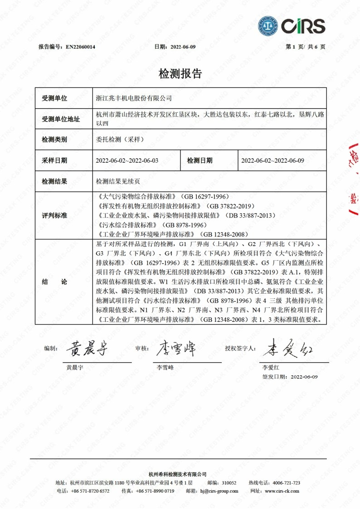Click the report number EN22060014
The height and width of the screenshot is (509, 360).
click(81, 47)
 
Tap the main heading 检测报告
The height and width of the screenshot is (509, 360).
click(180, 74)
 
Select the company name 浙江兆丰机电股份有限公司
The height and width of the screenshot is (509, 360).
click(134, 98)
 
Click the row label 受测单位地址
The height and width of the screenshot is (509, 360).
click(61, 119)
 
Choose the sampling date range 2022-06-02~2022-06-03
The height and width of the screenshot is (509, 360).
click(127, 160)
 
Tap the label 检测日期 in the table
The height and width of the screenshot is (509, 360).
click(199, 160)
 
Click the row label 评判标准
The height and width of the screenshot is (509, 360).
click(54, 215)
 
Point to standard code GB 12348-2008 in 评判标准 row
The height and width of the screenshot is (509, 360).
click(225, 234)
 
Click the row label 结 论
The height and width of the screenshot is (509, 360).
click(54, 281)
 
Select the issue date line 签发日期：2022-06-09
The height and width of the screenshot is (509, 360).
click(290, 377)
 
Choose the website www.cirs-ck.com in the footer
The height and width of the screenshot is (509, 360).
click(282, 491)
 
